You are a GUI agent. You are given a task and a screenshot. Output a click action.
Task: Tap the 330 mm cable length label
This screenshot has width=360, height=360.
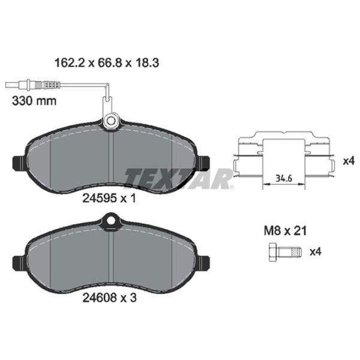click(x=34, y=101)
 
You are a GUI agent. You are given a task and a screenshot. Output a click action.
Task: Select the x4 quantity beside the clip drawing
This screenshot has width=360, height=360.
click(x=349, y=160)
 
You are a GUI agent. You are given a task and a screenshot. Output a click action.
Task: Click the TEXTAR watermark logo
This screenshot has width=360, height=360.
click(x=179, y=178)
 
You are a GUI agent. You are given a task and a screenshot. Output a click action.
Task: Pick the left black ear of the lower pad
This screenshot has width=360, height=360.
click(x=19, y=262)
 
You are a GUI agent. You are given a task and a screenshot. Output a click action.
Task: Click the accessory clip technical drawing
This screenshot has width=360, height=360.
click(x=285, y=158)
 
